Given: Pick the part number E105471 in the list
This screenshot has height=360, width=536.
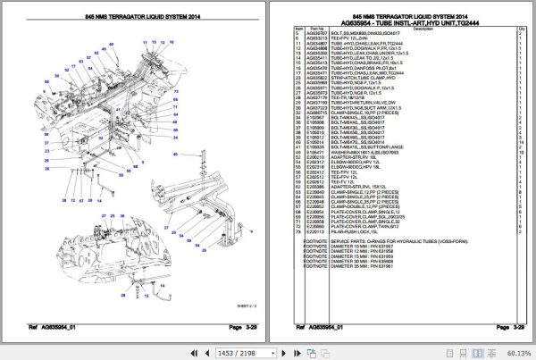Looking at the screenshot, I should (x=316, y=153).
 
